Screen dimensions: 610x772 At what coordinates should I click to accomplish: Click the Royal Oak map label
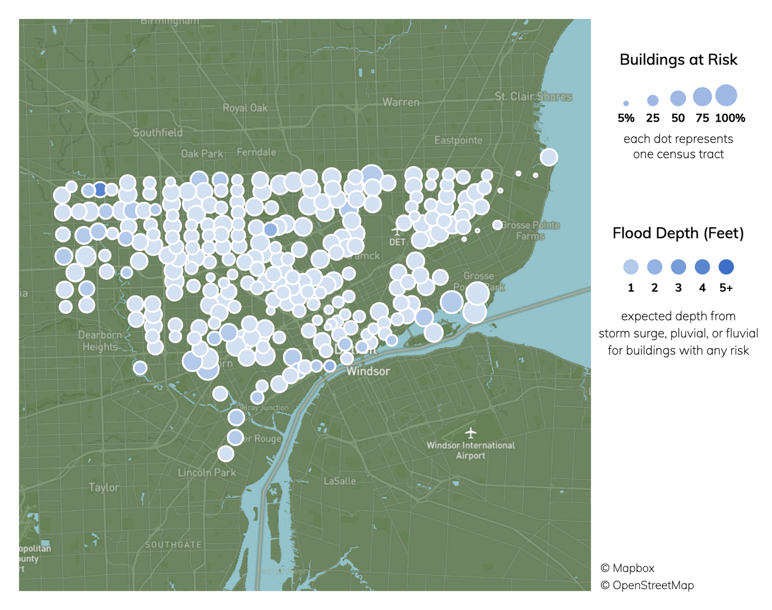click(x=245, y=107)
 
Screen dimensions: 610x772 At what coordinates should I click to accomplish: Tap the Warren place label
click(x=401, y=102)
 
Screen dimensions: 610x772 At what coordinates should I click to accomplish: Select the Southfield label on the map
click(x=158, y=132)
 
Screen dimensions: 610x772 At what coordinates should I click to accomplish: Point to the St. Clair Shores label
click(x=533, y=97)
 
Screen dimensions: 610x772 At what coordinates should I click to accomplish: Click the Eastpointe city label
click(x=458, y=140)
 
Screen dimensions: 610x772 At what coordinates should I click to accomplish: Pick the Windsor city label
click(x=368, y=371)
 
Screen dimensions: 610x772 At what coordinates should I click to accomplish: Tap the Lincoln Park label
click(x=206, y=473)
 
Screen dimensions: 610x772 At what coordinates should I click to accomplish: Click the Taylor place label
click(x=104, y=487)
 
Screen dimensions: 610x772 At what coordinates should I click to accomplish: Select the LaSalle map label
click(x=340, y=481)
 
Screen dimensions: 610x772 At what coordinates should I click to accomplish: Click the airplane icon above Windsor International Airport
click(x=471, y=433)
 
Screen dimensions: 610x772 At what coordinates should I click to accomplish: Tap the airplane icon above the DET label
click(x=397, y=231)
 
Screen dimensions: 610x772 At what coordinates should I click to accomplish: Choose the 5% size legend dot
click(x=626, y=103)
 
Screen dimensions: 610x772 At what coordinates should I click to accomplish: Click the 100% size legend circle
click(x=726, y=96)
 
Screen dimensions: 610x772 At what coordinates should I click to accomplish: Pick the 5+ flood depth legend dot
click(x=726, y=267)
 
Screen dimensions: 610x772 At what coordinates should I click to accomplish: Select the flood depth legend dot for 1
click(x=631, y=267)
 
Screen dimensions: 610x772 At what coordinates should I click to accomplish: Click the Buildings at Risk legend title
click(x=678, y=60)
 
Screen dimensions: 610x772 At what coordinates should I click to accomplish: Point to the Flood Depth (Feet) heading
click(x=678, y=233)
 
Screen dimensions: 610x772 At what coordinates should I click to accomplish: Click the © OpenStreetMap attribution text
click(x=647, y=585)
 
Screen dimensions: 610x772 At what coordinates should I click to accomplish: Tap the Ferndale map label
click(x=257, y=152)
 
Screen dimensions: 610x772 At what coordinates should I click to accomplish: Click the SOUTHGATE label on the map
click(x=174, y=544)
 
